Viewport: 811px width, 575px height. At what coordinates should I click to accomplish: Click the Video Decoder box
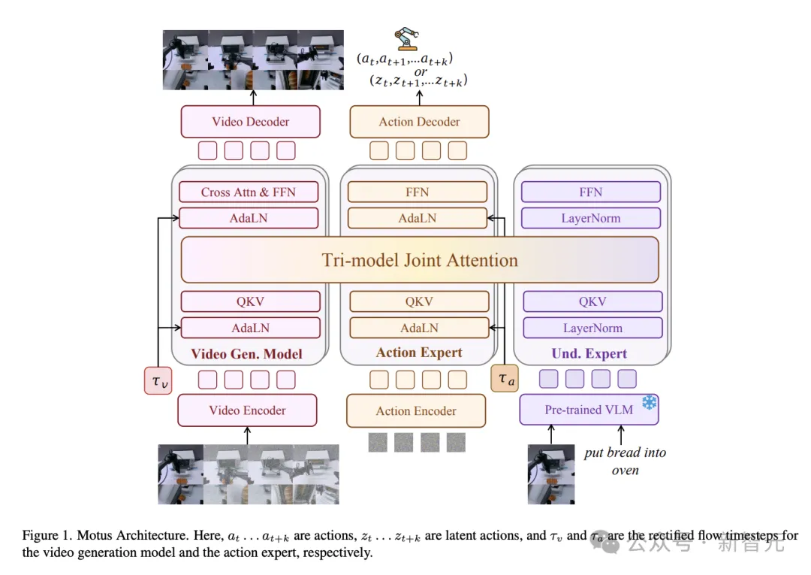(x=250, y=122)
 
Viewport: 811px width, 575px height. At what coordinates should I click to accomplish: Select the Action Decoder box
(x=419, y=122)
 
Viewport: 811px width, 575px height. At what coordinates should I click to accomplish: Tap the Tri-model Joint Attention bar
(x=420, y=260)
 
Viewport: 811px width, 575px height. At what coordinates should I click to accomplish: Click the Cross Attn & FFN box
(x=249, y=192)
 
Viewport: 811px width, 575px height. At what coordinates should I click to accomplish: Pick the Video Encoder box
(x=247, y=410)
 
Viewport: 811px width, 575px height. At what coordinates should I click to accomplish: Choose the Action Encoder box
(x=416, y=411)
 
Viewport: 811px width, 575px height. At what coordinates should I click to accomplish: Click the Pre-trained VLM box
(x=589, y=410)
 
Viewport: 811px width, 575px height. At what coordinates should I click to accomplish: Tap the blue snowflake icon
(x=648, y=403)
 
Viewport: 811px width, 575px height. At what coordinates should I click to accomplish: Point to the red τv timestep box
(x=158, y=380)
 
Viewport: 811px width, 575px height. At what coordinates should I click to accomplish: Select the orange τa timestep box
(x=504, y=379)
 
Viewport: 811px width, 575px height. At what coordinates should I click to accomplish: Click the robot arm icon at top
(x=406, y=39)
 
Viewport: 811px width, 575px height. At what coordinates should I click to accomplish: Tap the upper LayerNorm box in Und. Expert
(x=591, y=218)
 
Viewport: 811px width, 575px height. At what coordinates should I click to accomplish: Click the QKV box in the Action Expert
(x=418, y=301)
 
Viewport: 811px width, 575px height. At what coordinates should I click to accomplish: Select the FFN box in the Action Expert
(x=418, y=192)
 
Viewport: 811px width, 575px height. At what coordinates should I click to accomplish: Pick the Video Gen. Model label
(x=246, y=353)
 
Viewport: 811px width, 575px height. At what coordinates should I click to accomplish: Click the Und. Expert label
(x=589, y=353)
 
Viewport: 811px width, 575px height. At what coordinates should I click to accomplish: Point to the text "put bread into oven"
(x=625, y=461)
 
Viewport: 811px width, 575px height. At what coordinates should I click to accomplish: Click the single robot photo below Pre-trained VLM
(x=551, y=474)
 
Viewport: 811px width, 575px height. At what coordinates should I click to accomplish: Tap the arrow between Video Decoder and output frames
(x=252, y=97)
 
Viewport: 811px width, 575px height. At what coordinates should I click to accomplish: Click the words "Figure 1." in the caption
(x=45, y=536)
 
